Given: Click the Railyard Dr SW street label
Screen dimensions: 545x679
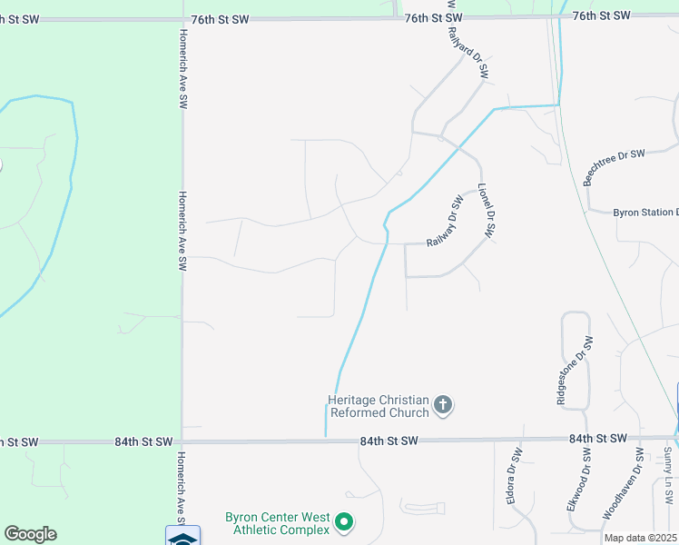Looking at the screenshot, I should coord(467,52).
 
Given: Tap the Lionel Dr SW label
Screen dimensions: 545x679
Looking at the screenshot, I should coord(484,210).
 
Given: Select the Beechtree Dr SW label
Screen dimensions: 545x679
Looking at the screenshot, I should coord(614,166).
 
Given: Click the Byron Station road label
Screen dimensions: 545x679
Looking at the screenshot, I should coord(645,213).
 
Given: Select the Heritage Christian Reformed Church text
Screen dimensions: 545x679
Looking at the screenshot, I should coord(378,406).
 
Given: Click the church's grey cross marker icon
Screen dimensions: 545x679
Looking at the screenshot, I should coord(443,405).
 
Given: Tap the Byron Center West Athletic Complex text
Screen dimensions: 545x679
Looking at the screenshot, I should coord(277,523).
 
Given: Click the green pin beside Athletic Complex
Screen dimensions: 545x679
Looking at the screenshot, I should coord(344,522).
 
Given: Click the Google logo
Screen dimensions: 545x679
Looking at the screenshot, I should coord(30,534).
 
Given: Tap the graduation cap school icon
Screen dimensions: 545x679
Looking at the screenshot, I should coord(182,536).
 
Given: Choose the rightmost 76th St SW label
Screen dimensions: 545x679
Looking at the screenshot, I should coord(601,16).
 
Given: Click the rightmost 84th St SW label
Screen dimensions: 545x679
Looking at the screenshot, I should coord(598,439).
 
